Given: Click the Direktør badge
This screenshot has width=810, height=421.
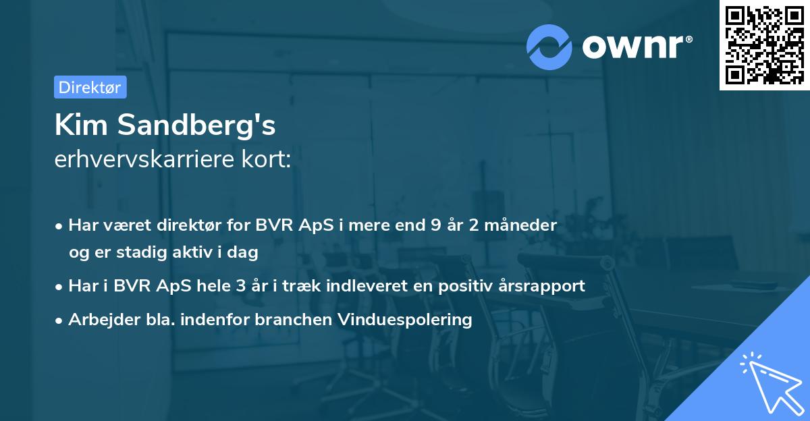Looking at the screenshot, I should [90, 87].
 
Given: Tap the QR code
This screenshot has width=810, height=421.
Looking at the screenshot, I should [762, 45].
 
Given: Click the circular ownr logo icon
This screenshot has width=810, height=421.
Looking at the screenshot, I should [549, 47].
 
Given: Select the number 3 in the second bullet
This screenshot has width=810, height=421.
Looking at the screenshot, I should [240, 286].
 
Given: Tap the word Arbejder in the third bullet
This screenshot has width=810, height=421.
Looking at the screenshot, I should [99, 320].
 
